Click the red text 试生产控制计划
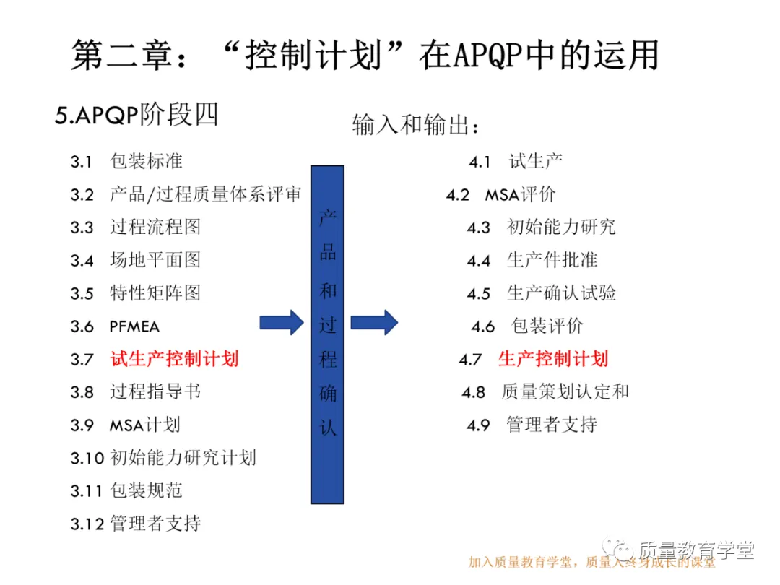tap(174, 358)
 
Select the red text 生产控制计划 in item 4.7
tap(553, 358)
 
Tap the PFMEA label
tap(134, 326)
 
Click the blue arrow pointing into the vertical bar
tap(282, 322)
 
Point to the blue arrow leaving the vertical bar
tap(374, 322)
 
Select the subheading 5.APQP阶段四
tap(136, 116)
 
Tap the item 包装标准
tap(146, 161)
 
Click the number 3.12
tap(87, 524)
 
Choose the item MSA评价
tap(520, 194)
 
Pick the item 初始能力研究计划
tap(183, 458)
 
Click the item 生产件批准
tap(552, 260)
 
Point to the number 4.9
tap(478, 425)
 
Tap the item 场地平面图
tap(155, 260)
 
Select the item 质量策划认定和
tap(565, 391)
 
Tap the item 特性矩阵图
tap(155, 293)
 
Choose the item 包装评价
tap(547, 326)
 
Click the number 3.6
tap(82, 326)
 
